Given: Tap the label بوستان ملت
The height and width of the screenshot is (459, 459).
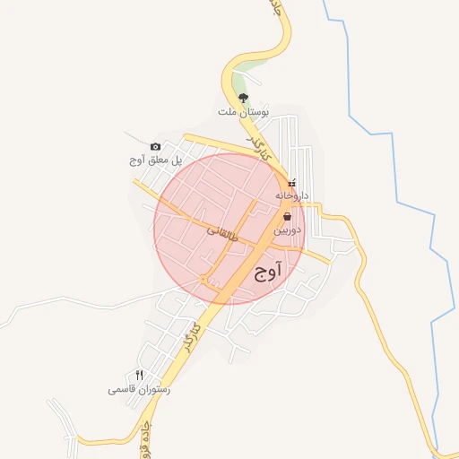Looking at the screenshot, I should [243, 112].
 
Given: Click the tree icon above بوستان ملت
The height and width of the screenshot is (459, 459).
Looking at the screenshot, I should [244, 98].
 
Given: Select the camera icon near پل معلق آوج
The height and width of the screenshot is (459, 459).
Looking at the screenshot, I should [155, 146].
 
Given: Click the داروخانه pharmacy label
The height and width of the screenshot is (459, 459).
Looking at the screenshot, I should [291, 194].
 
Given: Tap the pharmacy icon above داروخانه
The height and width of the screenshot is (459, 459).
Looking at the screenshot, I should [290, 182].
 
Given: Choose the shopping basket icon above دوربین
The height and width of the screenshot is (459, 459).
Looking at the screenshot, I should [286, 216].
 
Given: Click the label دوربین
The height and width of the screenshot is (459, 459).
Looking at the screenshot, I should [287, 229].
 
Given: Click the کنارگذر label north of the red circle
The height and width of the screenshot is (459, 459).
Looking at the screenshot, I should [258, 149].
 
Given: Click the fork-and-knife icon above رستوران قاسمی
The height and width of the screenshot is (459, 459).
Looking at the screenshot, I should [139, 375].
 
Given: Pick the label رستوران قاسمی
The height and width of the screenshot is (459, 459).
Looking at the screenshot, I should [139, 390].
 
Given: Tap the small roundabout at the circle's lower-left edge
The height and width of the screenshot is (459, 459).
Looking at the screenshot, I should [207, 281].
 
